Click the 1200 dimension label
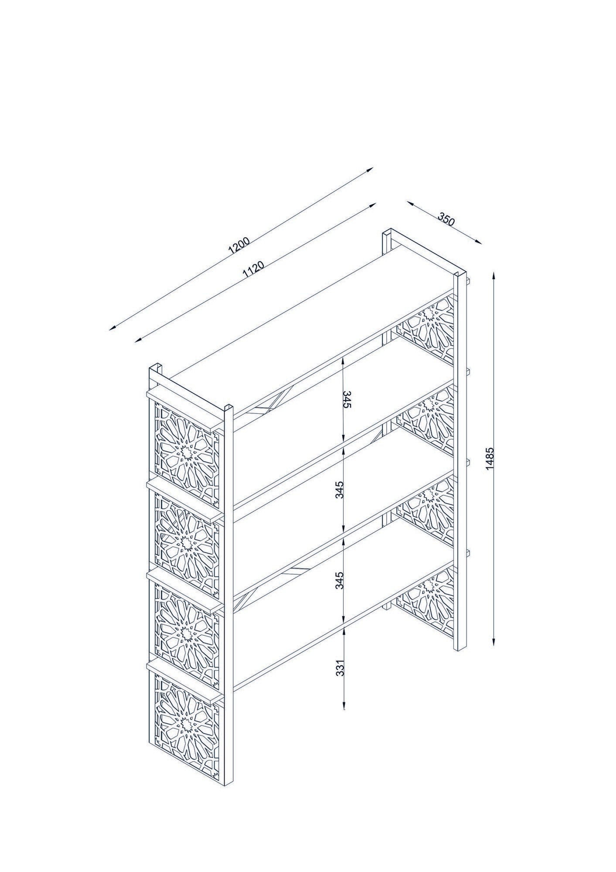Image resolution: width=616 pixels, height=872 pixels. [239, 246]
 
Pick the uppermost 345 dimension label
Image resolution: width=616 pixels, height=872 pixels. [347, 399]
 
